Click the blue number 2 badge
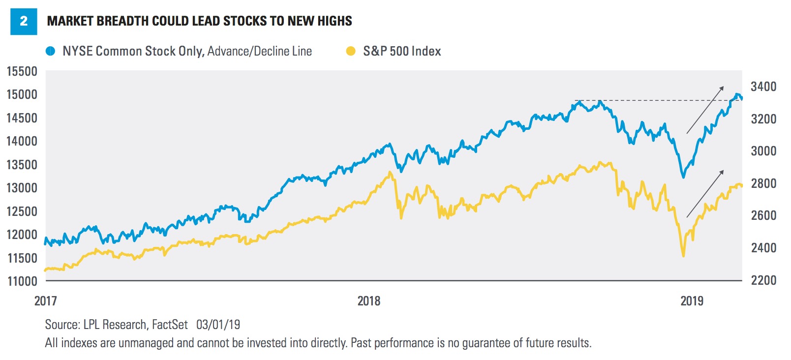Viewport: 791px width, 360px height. click(24, 22)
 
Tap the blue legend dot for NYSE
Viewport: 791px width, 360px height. click(50, 51)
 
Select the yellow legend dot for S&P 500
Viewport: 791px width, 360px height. click(351, 51)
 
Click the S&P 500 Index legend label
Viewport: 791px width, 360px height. click(402, 51)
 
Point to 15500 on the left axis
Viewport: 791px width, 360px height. click(22, 71)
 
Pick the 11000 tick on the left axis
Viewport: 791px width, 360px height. click(22, 281)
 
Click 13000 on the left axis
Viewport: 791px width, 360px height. click(22, 188)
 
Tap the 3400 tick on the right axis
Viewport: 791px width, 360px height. click(763, 87)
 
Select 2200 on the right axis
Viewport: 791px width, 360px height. click(763, 280)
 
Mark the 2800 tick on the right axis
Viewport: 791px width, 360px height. click(763, 183)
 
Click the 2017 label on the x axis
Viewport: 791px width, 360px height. click(46, 301)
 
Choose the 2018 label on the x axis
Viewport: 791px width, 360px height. click(369, 301)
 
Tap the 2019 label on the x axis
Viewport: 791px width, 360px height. click(692, 301)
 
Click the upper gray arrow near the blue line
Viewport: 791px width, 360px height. click(705, 110)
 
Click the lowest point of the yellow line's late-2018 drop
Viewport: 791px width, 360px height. click(683, 256)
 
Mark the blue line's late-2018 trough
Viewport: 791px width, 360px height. click(683, 177)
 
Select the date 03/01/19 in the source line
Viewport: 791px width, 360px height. click(218, 325)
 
